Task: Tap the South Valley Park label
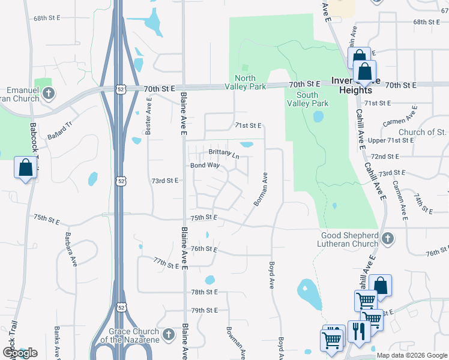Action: pos(316,99)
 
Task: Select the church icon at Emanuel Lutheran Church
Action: pos(49,93)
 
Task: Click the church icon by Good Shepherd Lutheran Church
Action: pos(387,239)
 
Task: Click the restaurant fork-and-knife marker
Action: pos(359,332)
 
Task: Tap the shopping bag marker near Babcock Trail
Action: pos(26,168)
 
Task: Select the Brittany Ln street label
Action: pos(223,153)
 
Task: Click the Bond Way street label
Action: pos(205,165)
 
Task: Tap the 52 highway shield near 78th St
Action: pos(121,307)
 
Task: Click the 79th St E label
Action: pos(204,310)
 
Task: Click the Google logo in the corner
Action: pos(19,353)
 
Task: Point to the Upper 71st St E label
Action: pos(391,140)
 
